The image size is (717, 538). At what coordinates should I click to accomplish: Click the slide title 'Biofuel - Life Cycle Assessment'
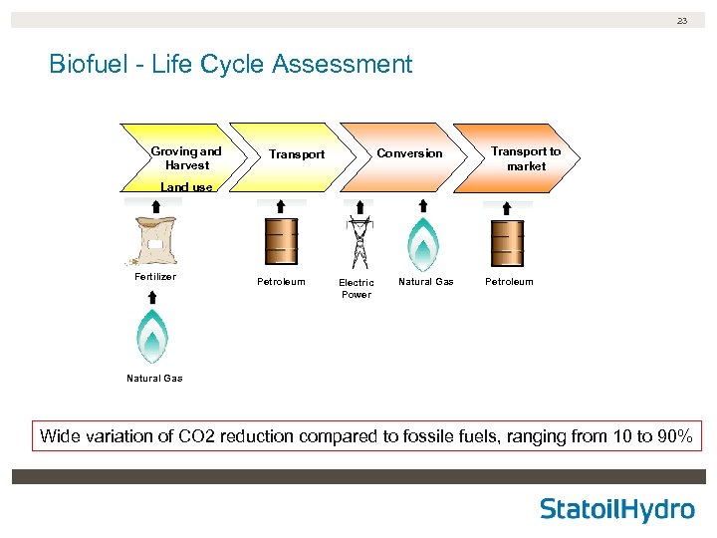click(x=230, y=65)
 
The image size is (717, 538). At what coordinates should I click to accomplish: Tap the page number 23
click(x=682, y=20)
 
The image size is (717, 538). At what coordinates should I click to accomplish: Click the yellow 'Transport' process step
click(x=296, y=154)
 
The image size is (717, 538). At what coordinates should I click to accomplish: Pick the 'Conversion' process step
click(x=408, y=153)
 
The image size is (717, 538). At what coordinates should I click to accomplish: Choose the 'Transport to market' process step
click(x=525, y=158)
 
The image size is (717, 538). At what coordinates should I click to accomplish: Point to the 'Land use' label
click(x=186, y=187)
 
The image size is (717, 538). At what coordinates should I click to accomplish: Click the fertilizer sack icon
click(x=154, y=240)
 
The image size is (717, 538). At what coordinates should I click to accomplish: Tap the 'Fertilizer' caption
click(x=154, y=277)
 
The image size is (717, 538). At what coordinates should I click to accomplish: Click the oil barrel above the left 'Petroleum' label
click(x=281, y=242)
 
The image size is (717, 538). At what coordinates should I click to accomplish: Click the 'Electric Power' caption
click(x=357, y=288)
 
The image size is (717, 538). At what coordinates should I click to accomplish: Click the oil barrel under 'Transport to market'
click(x=508, y=242)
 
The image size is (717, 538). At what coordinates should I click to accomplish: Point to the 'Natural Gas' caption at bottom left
click(x=154, y=379)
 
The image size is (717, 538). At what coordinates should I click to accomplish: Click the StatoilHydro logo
click(x=616, y=510)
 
